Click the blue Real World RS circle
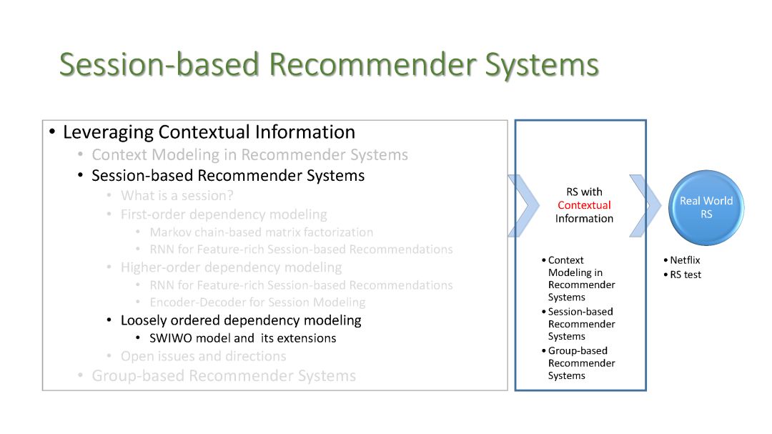point(706,207)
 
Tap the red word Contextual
point(584,205)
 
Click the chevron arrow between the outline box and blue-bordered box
point(524,205)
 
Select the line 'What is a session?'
point(177,196)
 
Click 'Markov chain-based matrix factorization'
point(262,232)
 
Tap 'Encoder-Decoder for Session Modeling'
point(257,302)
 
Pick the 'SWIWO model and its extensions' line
point(243,338)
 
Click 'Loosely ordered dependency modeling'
point(241,320)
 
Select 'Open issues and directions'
point(203,356)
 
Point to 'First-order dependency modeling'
point(224,214)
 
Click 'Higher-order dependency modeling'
point(231,267)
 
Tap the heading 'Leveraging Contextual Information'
point(209,132)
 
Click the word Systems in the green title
point(542,65)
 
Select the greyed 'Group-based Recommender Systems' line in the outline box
point(224,376)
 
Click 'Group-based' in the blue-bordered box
point(578,351)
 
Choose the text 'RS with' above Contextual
point(584,192)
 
